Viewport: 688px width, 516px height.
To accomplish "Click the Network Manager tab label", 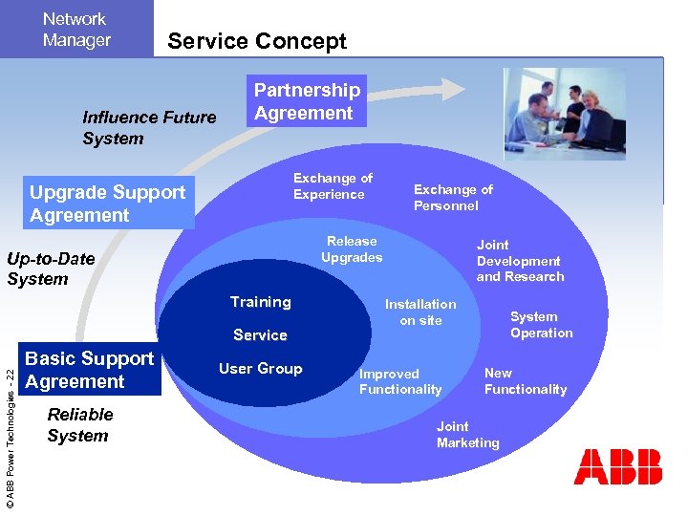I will [x=76, y=30].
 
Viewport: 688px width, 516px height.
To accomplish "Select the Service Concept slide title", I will [x=257, y=41].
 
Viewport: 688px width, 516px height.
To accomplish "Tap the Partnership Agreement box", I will [x=306, y=102].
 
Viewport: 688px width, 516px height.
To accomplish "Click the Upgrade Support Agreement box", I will [x=107, y=204].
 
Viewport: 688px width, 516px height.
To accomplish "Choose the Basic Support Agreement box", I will [x=89, y=370].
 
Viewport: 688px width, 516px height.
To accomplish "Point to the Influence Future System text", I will [x=149, y=128].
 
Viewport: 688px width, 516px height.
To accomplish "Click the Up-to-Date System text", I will [x=51, y=269].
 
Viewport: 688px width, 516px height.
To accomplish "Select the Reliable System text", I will [x=79, y=425].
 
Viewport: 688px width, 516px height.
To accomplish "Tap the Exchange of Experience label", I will [x=332, y=186].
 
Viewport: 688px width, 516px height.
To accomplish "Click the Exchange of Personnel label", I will [x=452, y=198].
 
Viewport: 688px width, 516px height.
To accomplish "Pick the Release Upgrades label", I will [x=351, y=249].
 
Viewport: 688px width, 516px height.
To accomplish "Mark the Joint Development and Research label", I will [x=520, y=261].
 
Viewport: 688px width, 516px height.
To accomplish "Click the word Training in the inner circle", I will [x=260, y=302].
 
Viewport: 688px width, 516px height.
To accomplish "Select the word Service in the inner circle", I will [x=260, y=335].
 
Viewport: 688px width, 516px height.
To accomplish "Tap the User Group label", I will [x=260, y=369].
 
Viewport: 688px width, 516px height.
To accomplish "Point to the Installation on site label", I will [x=420, y=312].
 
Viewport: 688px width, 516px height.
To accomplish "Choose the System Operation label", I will [x=541, y=325].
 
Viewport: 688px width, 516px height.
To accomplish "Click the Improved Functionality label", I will [x=400, y=381].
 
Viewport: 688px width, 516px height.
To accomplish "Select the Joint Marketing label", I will [x=467, y=435].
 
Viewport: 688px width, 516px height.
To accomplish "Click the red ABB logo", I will [x=617, y=467].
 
